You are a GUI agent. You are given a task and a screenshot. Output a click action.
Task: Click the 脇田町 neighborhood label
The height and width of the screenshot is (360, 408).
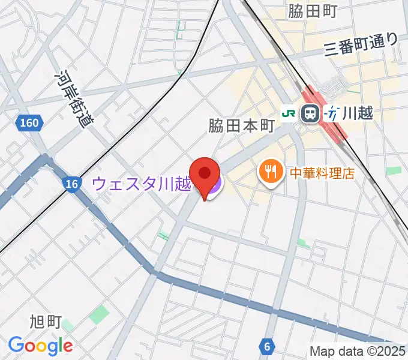tap(313, 11)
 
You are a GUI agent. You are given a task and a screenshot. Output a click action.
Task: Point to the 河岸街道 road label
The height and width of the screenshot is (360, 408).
tap(70, 98)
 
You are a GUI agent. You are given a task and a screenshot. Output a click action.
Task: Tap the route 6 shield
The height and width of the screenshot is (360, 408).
tap(266, 346)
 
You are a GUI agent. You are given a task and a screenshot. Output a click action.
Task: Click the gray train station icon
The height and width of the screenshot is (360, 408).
tap(310, 112)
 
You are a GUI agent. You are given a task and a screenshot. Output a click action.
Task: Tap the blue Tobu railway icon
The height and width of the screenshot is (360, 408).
tap(331, 112)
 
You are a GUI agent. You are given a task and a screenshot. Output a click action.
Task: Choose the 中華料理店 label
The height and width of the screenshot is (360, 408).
tap(322, 173)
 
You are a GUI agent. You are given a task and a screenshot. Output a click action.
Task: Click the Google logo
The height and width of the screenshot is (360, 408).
tap(40, 346)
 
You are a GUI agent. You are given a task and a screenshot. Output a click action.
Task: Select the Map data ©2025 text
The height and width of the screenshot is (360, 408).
tap(358, 351)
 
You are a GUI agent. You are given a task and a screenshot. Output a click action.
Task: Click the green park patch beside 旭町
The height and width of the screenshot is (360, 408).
tap(99, 314)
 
